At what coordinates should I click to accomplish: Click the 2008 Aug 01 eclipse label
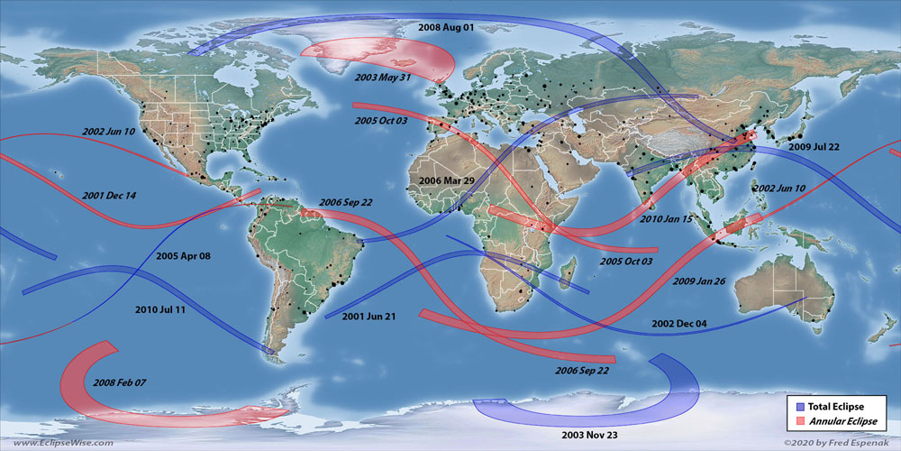click(446, 28)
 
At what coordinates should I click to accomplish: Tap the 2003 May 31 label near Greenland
click(383, 78)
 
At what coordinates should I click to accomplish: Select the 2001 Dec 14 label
click(109, 195)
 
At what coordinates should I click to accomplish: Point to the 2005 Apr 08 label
click(183, 256)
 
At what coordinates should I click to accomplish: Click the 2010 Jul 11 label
click(160, 309)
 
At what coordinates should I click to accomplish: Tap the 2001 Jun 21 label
click(369, 316)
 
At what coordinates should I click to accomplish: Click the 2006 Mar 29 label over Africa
click(447, 181)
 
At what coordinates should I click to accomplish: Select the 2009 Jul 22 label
click(814, 146)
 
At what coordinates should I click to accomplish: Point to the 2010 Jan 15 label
click(666, 218)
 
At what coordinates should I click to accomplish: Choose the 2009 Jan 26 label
click(699, 281)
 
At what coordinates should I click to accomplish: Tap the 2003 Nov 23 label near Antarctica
click(590, 435)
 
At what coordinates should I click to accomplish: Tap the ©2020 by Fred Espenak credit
click(835, 443)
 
